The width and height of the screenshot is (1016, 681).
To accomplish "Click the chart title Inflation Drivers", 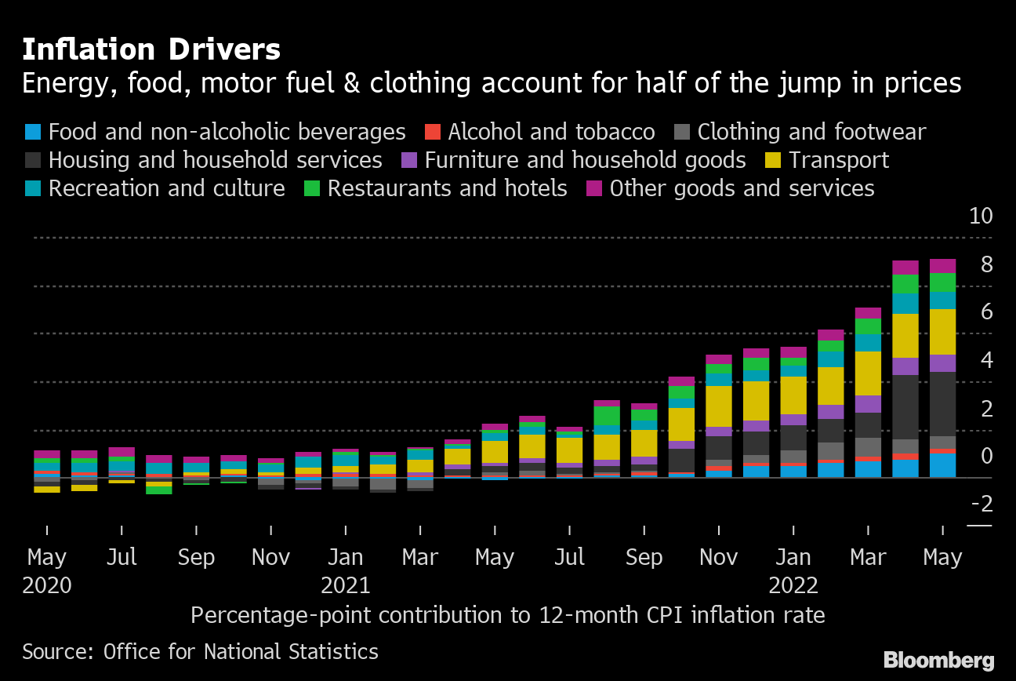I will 151,50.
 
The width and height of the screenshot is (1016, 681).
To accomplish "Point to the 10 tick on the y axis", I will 981,217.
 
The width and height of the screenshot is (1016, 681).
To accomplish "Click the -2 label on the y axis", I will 981,502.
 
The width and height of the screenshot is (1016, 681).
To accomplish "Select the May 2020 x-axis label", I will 47,570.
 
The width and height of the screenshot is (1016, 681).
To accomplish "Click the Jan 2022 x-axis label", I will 793,570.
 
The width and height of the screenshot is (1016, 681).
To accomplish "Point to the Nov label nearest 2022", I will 718,558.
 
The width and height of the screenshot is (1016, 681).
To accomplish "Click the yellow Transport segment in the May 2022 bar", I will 942,332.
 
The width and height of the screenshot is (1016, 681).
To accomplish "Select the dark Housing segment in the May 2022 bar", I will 942,403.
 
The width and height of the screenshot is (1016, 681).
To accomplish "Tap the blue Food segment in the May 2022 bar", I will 942,465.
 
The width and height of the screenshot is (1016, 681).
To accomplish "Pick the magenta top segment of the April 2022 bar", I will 905,268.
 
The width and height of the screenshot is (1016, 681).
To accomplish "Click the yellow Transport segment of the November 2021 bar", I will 719,406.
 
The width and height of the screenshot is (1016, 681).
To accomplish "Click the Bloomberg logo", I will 938,660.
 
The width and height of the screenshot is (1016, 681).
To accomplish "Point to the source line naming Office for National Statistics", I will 200,651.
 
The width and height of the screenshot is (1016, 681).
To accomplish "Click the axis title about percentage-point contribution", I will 507,614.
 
